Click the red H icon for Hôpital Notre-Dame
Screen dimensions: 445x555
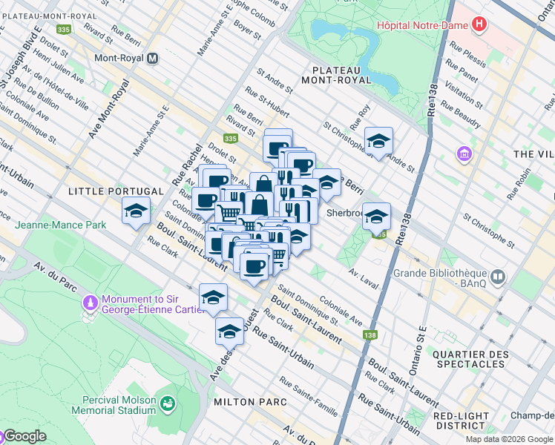point(480,24)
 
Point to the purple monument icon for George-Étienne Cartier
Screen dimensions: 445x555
point(91,303)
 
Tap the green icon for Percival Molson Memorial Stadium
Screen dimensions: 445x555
point(168,403)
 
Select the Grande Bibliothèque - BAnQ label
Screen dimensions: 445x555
point(444,277)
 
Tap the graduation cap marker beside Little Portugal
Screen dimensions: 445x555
point(136,211)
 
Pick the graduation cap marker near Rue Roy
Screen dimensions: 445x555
point(378,141)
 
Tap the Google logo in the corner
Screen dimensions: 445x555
point(24,436)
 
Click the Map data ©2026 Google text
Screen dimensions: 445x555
point(509,439)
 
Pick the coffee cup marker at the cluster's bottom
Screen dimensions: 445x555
point(254,265)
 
